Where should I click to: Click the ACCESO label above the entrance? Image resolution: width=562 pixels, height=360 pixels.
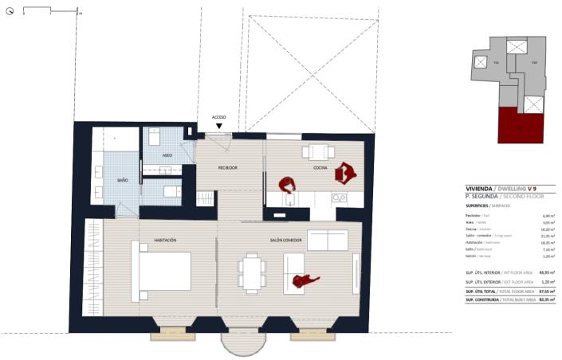(x=219, y=117)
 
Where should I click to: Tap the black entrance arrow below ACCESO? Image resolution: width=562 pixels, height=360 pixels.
(x=219, y=126)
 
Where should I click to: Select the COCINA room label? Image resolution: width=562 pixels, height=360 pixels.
(x=320, y=168)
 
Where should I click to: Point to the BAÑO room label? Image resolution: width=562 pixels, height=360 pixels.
(x=123, y=181)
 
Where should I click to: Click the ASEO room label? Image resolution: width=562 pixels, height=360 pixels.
(x=167, y=155)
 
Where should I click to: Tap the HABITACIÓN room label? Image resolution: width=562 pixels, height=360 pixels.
(x=165, y=240)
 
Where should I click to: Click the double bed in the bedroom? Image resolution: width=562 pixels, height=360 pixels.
(x=165, y=271)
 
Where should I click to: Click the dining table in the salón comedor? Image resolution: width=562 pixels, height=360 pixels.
(x=253, y=273)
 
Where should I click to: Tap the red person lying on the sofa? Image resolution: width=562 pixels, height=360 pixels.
(x=305, y=280)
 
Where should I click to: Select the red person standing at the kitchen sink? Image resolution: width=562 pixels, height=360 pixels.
(x=287, y=185)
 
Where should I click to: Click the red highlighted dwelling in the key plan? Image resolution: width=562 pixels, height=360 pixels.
(x=521, y=127)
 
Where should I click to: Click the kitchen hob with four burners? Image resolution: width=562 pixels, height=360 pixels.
(x=340, y=198)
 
